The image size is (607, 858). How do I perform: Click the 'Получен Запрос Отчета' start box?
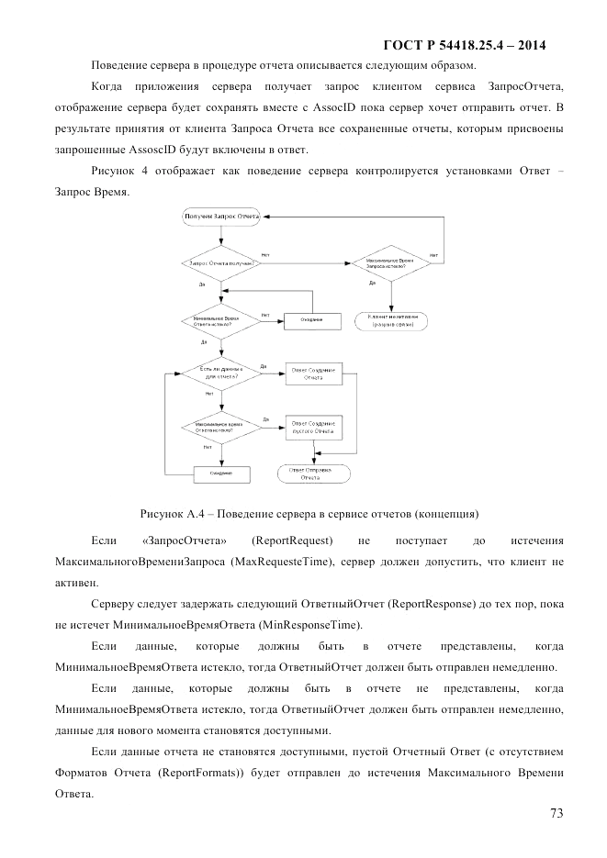coord(221,217)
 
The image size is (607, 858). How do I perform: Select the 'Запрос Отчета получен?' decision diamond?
coord(221,263)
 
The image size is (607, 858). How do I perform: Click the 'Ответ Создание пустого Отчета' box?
coord(314,427)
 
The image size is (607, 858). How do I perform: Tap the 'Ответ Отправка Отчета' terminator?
coord(314,473)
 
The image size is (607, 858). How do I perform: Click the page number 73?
coord(556,813)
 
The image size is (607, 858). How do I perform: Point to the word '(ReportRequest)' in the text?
coord(293,540)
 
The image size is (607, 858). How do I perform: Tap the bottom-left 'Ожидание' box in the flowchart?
coord(221,473)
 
